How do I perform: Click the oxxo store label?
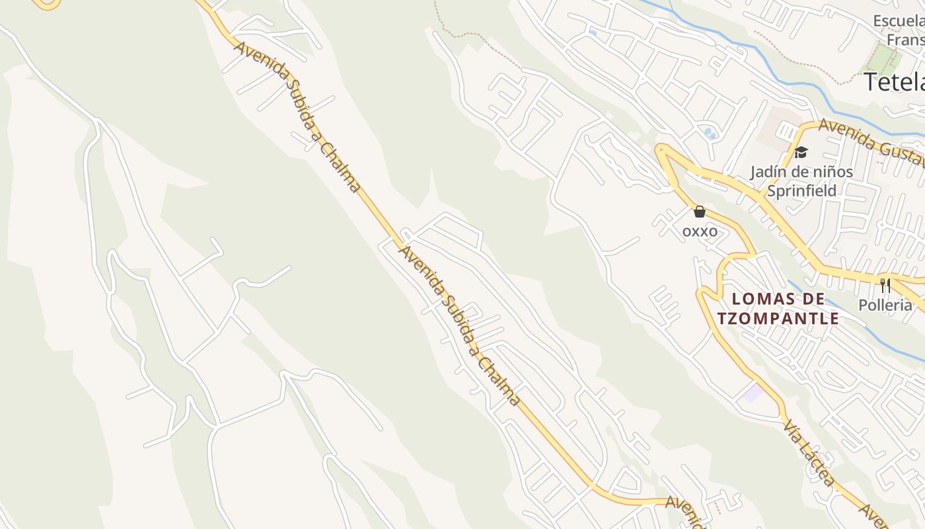click(x=700, y=231)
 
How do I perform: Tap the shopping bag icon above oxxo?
click(x=700, y=212)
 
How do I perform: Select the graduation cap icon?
click(x=801, y=153)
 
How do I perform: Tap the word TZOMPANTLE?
click(x=778, y=319)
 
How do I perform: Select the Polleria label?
click(x=885, y=305)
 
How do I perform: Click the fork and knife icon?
click(x=885, y=286)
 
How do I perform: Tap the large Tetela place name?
click(x=894, y=82)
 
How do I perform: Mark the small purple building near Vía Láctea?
click(x=752, y=393)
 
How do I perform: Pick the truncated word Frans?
click(x=905, y=40)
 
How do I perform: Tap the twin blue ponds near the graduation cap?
click(x=710, y=133)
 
